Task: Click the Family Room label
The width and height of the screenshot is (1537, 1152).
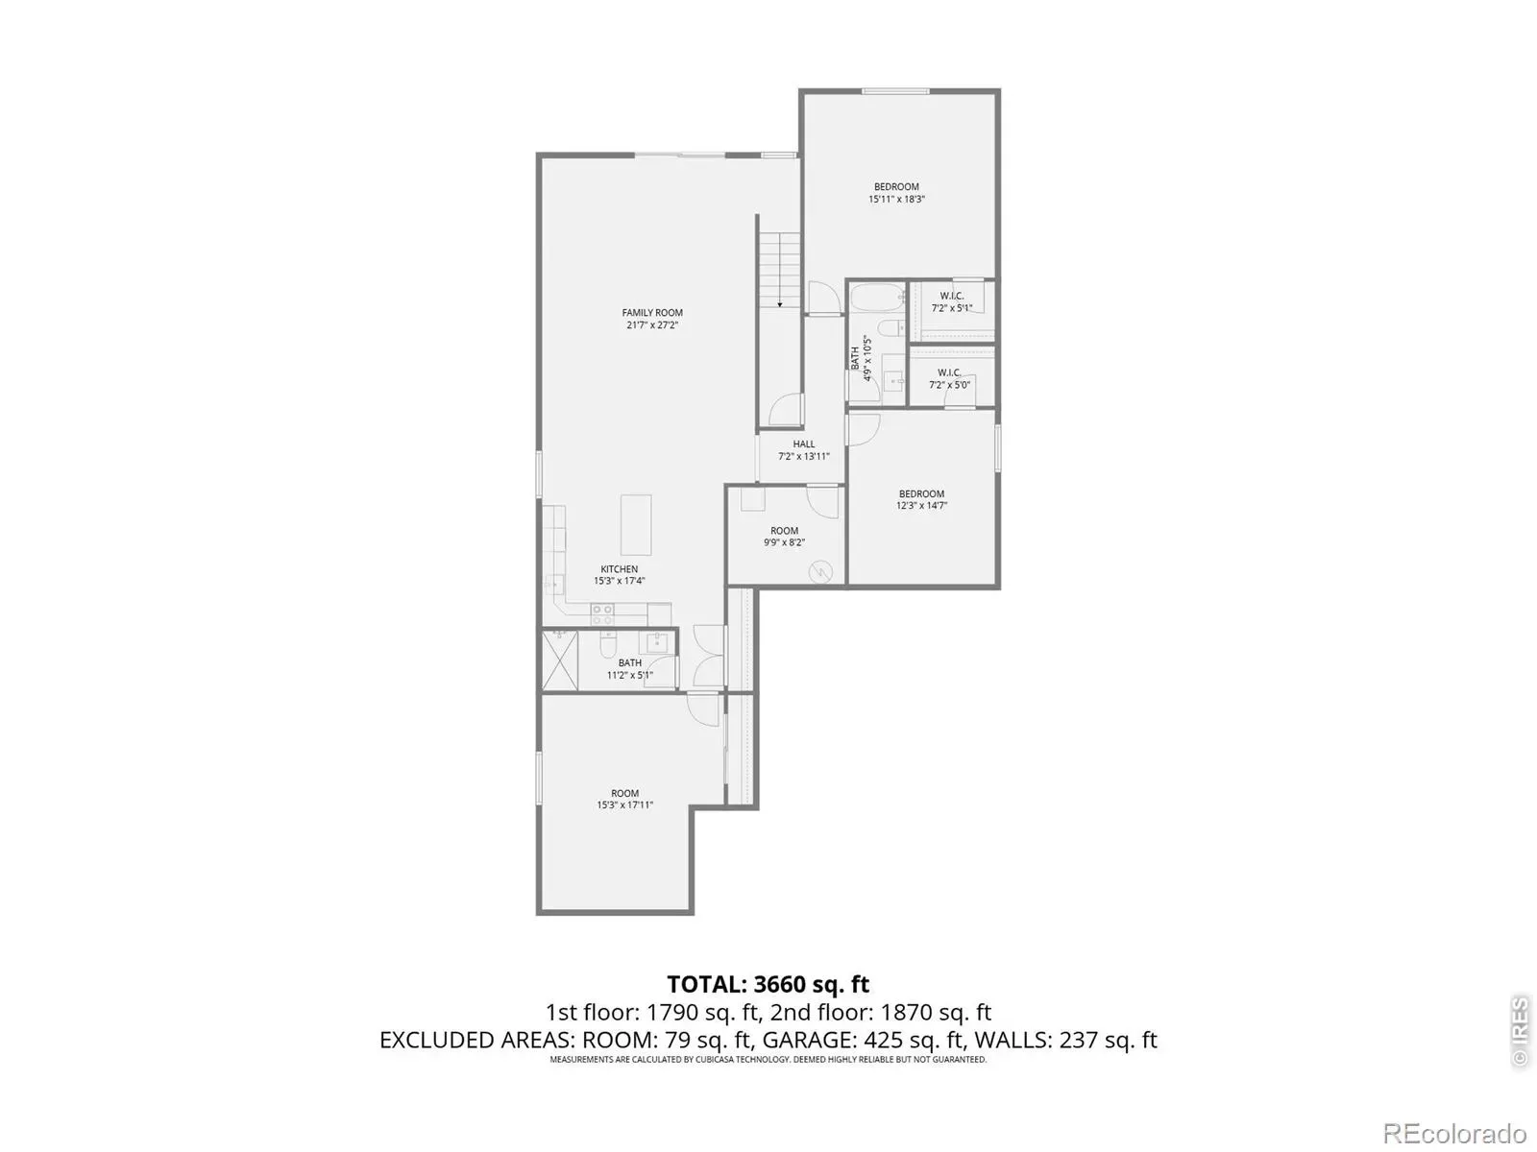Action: coord(652,313)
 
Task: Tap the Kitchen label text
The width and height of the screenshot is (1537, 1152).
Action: coord(619,568)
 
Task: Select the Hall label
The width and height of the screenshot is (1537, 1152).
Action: coord(803,444)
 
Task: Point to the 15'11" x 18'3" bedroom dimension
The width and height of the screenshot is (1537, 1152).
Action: coord(896,200)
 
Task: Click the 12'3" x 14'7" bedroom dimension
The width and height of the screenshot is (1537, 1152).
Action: coord(921,506)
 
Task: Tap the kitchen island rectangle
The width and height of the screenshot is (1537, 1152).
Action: coord(636,524)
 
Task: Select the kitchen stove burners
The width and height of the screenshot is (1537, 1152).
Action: coord(602,614)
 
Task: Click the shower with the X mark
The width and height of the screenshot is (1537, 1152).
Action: coord(560,660)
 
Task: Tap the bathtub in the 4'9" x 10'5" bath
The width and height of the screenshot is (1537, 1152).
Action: coord(878,298)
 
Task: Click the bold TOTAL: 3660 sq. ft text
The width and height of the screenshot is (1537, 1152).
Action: coord(768,984)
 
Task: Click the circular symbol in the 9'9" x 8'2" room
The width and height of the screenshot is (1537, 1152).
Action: coord(820,573)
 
